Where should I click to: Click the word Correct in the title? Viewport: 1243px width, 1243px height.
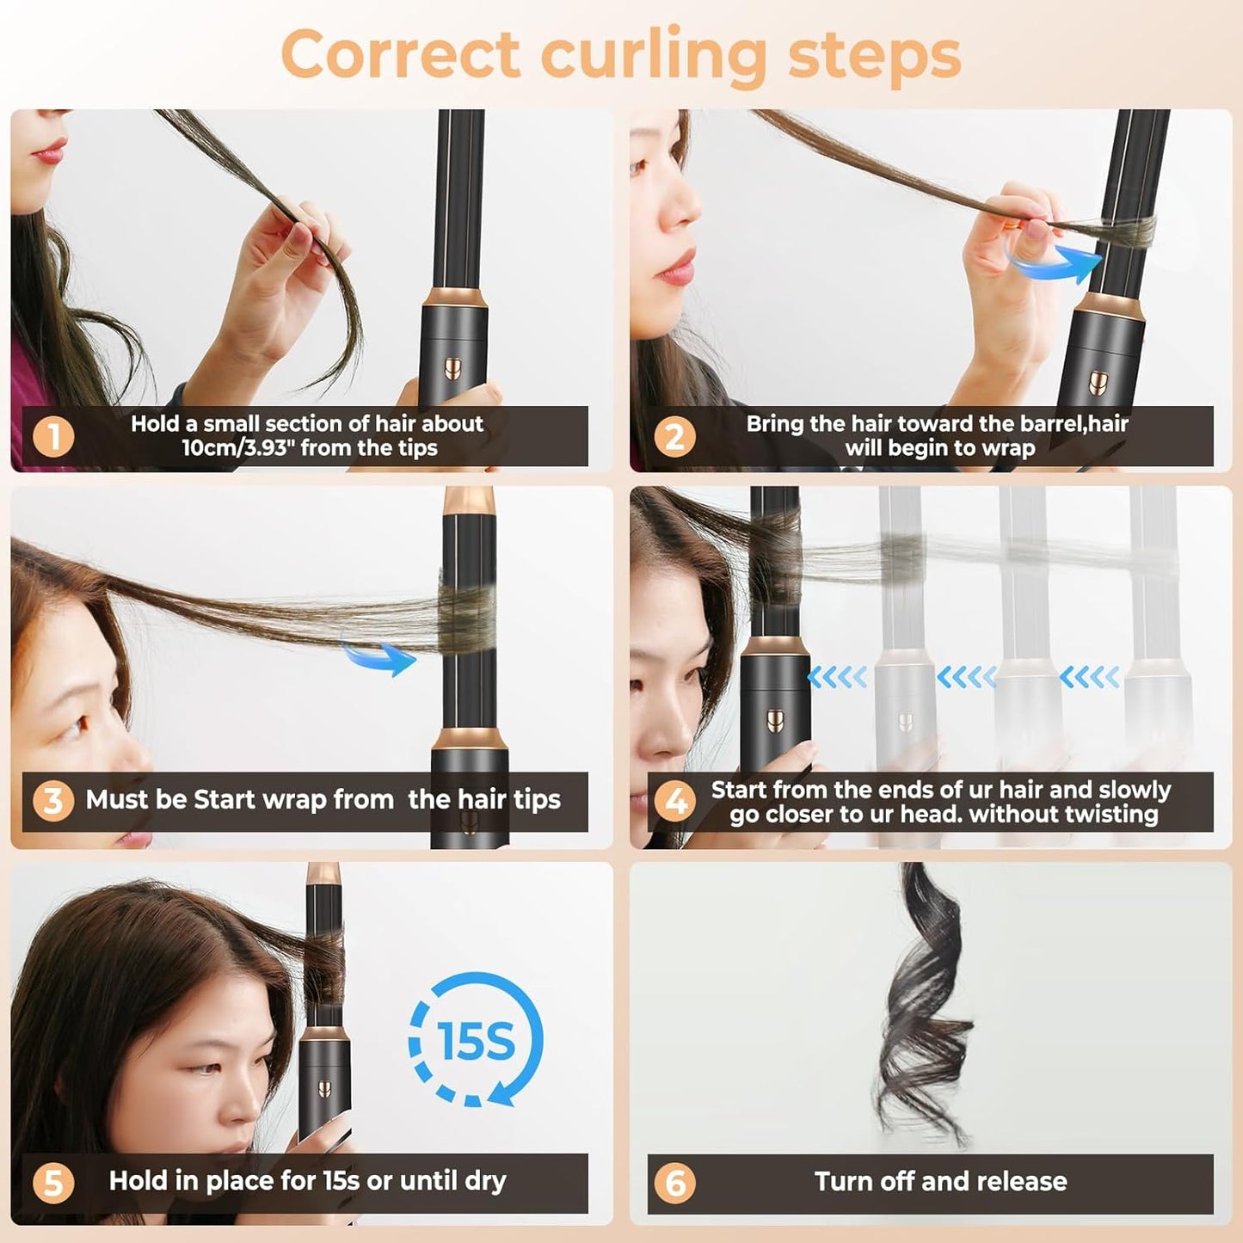400,54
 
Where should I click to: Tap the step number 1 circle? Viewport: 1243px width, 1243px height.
53,436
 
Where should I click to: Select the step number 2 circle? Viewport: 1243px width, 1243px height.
674,436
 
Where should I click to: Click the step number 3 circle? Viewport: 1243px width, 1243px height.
53,801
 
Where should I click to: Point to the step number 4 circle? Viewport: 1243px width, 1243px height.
675,801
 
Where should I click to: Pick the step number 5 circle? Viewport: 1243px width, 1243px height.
53,1182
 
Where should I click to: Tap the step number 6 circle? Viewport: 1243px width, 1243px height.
675,1183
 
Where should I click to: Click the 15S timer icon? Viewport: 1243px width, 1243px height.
476,1040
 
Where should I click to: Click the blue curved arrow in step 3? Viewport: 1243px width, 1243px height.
379,656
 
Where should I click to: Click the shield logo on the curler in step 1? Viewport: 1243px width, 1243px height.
453,369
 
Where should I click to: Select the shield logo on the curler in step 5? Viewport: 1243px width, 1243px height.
324,1089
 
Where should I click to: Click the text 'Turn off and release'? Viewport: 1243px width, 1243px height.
940,1182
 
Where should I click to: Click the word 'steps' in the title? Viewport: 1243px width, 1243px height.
874,54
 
